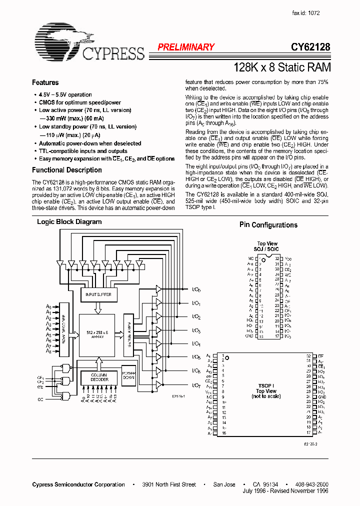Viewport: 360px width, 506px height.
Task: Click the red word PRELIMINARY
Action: pos(186,47)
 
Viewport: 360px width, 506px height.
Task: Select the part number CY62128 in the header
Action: pos(310,47)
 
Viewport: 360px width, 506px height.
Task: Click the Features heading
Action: pos(45,82)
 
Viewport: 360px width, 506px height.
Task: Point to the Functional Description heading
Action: pos(67,170)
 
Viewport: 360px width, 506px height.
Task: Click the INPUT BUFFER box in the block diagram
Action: pos(99,295)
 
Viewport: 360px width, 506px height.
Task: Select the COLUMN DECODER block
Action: pos(99,377)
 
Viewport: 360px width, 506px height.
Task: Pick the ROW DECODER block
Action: pos(63,327)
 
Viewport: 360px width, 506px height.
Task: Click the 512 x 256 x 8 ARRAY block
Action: pos(96,334)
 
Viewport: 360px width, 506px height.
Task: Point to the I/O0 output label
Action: pos(196,289)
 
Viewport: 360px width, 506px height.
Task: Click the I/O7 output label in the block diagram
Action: pos(196,385)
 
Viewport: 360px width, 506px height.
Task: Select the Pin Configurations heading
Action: pos(268,225)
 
